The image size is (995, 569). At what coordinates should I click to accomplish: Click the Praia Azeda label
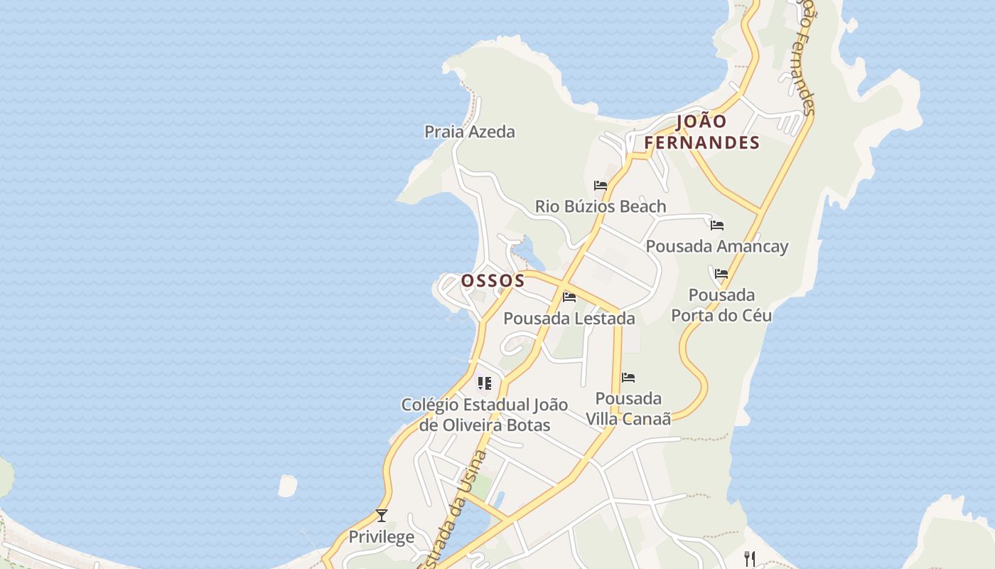click(x=469, y=132)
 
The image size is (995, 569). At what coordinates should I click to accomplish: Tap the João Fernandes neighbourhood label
click(x=701, y=132)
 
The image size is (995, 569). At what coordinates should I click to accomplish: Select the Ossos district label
click(x=493, y=280)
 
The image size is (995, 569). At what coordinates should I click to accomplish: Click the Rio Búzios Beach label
click(x=601, y=206)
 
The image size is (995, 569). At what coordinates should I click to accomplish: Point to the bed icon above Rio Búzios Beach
click(x=601, y=186)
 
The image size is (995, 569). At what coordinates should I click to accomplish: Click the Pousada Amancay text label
click(x=716, y=246)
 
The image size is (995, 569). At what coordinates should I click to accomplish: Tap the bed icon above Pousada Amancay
click(x=717, y=225)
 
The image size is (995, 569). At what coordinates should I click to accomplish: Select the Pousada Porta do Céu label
click(x=722, y=304)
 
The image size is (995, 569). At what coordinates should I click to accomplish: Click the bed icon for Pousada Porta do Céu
click(x=721, y=274)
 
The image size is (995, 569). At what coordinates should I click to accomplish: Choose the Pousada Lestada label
click(x=569, y=318)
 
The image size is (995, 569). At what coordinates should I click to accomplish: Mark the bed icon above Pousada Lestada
click(x=569, y=297)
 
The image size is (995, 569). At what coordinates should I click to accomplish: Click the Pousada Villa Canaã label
click(x=628, y=408)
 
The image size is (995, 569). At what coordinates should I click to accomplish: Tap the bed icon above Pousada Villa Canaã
click(x=628, y=378)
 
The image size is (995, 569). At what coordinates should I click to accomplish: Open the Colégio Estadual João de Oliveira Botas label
click(x=485, y=415)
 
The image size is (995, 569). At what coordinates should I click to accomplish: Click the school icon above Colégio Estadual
click(x=485, y=384)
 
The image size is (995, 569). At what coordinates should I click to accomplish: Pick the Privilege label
click(x=381, y=536)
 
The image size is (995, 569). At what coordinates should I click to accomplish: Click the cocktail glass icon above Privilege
click(x=382, y=515)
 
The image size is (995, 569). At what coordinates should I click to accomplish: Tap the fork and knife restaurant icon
click(x=749, y=558)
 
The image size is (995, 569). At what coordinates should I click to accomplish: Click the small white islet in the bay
click(x=287, y=486)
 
